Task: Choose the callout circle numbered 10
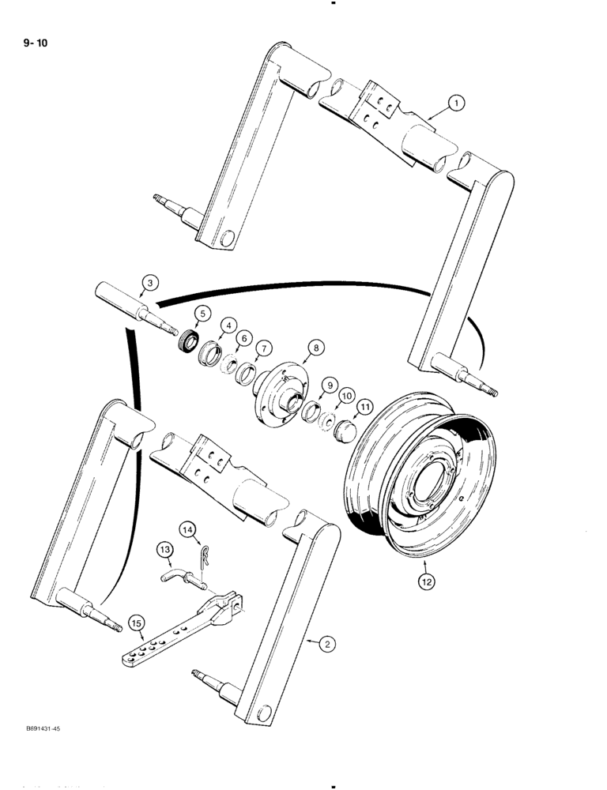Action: coord(346,394)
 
